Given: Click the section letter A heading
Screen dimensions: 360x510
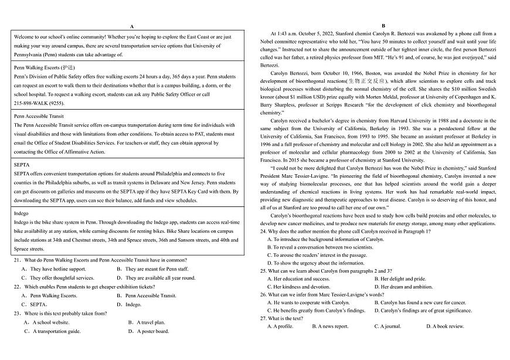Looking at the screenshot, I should (132, 26).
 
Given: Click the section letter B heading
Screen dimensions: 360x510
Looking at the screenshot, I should (383, 26).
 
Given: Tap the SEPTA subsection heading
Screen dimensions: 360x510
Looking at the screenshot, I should (22, 165).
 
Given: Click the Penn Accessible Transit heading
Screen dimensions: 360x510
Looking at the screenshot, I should (39, 117).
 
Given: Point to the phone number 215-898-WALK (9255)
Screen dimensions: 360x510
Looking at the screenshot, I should (38, 103).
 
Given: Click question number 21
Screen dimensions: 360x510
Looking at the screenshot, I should (17, 260).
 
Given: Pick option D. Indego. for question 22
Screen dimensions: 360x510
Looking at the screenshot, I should (130, 305).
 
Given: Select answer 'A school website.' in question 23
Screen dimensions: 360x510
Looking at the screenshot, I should (47, 322).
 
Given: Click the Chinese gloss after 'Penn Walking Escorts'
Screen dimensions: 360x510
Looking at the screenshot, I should (67, 68).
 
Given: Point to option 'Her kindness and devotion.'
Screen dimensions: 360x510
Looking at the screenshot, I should (298, 287).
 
